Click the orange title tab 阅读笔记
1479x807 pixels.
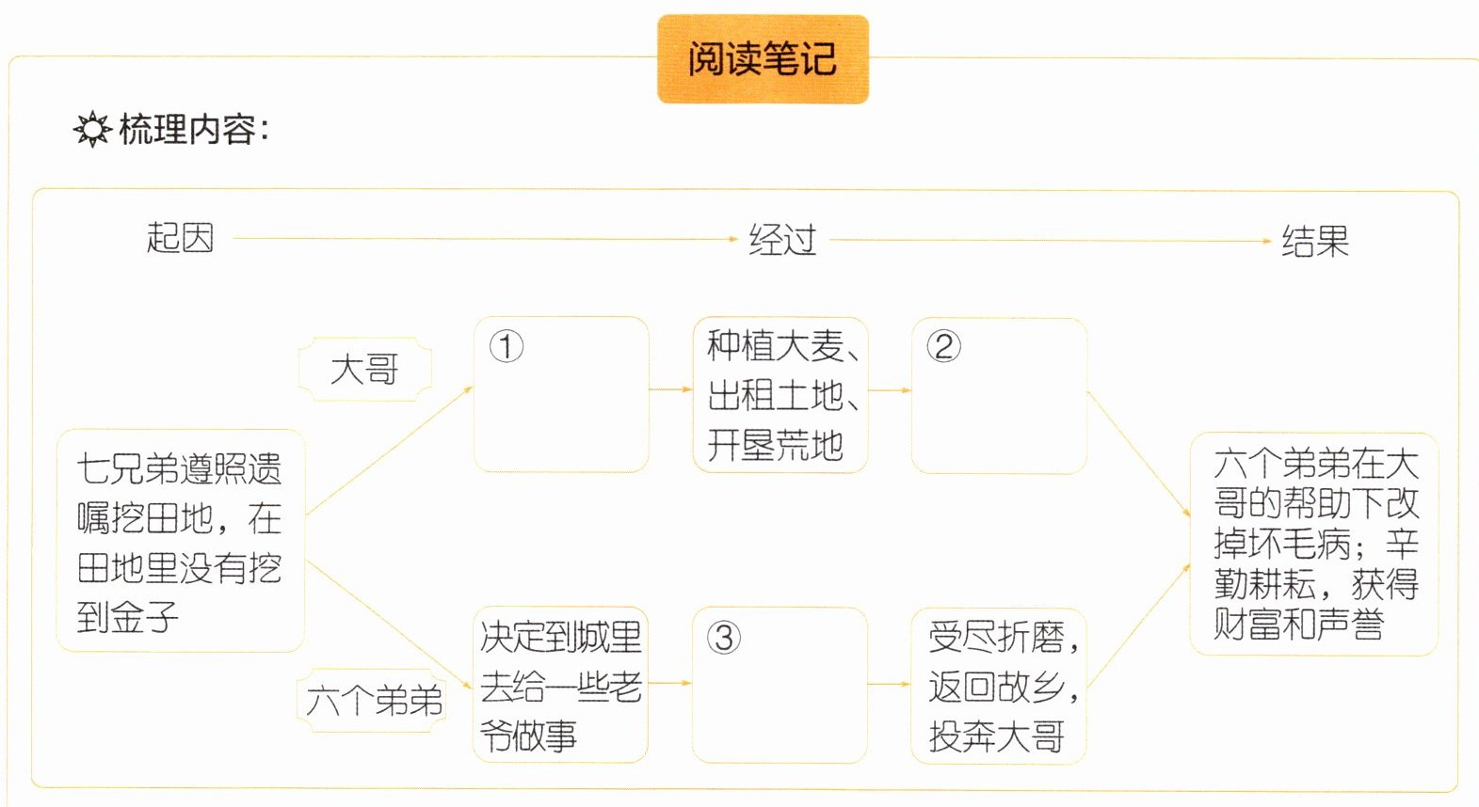pos(763,59)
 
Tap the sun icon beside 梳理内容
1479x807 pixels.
pos(92,130)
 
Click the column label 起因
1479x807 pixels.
pos(180,238)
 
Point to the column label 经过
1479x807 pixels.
pos(781,240)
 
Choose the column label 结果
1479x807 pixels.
pos(1314,242)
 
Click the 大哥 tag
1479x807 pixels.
pos(364,369)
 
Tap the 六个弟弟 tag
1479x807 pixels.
pos(374,700)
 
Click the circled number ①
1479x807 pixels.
pos(506,346)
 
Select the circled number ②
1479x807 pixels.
pos(943,346)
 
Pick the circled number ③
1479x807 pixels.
pos(723,638)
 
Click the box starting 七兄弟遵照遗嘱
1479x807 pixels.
pos(180,542)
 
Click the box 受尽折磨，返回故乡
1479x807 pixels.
pos(1000,687)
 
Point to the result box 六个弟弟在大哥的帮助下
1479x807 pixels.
pos(1314,544)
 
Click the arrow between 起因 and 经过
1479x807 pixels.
pos(485,239)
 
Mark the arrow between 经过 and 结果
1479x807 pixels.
pos(1050,241)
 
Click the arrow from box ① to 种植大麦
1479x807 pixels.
pos(670,389)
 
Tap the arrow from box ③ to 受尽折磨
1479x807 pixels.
pos(889,685)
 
